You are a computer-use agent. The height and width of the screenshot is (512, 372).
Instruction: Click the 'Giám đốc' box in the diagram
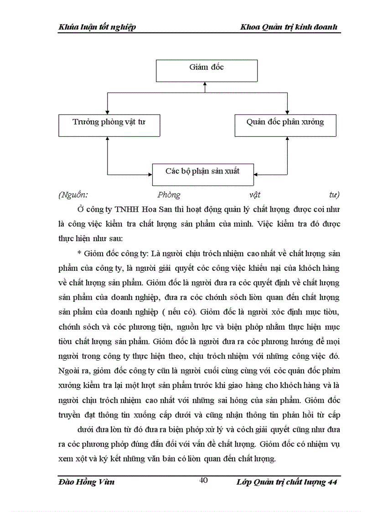207,71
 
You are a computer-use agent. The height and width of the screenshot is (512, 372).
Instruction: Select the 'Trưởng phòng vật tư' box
109,125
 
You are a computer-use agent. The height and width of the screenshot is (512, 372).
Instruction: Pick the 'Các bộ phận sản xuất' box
203,174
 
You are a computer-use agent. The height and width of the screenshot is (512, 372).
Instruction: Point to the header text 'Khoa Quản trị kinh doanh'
289,28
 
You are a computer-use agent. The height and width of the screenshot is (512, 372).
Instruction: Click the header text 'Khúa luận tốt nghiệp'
97,28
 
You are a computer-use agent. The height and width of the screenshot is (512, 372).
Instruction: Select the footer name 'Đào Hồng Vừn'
87,482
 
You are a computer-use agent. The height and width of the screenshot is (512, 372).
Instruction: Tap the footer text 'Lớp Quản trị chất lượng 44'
287,482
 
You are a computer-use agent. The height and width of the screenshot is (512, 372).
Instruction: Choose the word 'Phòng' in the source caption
169,195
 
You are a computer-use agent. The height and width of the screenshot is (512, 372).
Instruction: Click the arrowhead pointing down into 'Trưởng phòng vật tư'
107,112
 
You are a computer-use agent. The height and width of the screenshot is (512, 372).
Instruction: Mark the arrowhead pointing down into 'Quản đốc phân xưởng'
287,112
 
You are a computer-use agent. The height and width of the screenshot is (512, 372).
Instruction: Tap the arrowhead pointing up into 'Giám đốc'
205,85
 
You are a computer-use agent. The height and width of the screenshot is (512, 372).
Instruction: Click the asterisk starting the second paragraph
79,254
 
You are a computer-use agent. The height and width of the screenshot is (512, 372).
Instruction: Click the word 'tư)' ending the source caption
334,195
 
